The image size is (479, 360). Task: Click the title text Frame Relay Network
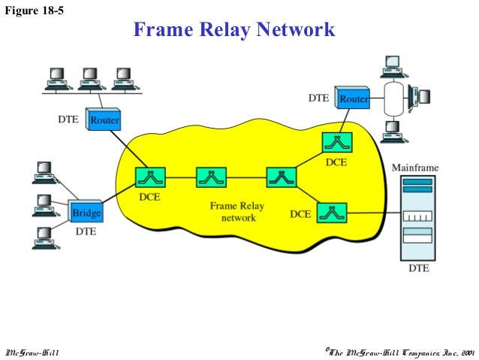[x=233, y=30]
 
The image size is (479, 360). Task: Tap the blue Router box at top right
[x=352, y=99]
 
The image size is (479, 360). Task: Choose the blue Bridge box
[x=86, y=213]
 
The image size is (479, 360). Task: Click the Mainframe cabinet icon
[x=417, y=215]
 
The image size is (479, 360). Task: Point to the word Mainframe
[x=416, y=168]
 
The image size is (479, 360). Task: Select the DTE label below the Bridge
[x=86, y=231]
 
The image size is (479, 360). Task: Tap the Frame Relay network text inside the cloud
[x=237, y=211]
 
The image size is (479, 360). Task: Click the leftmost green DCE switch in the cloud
[x=149, y=177]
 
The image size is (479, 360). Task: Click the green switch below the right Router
[x=334, y=141]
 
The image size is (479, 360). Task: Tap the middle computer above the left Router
[x=89, y=75]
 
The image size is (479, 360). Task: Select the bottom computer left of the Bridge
[x=44, y=237]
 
